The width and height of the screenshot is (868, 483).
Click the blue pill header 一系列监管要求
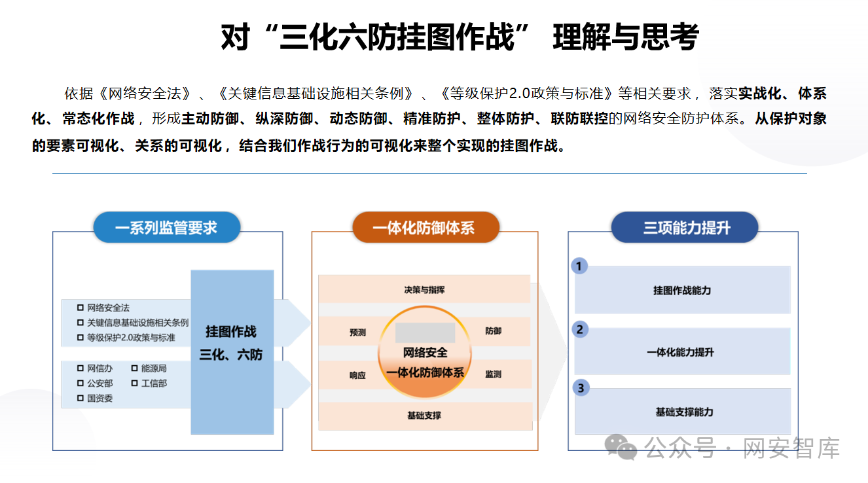(x=166, y=228)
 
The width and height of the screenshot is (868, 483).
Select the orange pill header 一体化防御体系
(x=425, y=228)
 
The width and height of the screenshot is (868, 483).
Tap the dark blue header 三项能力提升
(x=685, y=228)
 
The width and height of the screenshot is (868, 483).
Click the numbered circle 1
(x=579, y=266)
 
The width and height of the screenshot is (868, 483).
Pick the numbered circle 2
(x=579, y=329)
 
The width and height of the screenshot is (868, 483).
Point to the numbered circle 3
(x=579, y=388)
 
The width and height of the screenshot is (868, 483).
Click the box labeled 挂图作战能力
(x=682, y=290)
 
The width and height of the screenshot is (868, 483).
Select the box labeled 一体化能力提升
(x=682, y=351)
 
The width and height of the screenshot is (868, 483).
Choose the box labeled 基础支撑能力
(x=682, y=412)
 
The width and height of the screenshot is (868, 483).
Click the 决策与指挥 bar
(x=424, y=289)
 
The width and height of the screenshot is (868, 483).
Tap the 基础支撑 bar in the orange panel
(x=424, y=416)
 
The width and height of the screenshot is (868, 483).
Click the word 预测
(x=357, y=332)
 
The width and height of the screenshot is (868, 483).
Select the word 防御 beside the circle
(x=493, y=331)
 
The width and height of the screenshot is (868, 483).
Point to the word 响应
(x=357, y=375)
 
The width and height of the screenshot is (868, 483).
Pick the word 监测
(x=493, y=374)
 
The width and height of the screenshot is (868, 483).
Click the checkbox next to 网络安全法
(x=81, y=308)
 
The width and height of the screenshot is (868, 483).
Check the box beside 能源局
(x=135, y=368)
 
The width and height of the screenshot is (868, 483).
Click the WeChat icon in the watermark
(x=620, y=448)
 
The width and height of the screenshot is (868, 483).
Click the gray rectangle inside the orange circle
(x=425, y=332)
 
